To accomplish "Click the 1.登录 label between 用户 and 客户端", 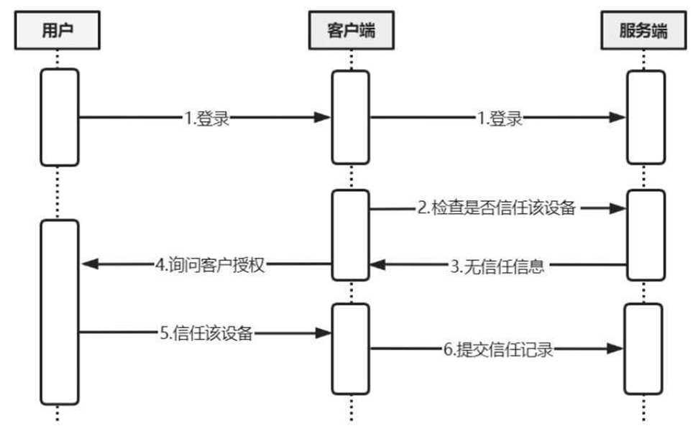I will coord(206,119).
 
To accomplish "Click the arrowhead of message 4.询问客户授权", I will coord(88,264).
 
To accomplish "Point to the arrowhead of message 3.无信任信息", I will coord(377,266).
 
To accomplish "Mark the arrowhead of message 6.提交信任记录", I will coord(615,349).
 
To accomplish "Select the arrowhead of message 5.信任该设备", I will coord(323,333).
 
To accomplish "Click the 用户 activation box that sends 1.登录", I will coord(58,117).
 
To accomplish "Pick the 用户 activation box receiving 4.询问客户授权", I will coord(58,312).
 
